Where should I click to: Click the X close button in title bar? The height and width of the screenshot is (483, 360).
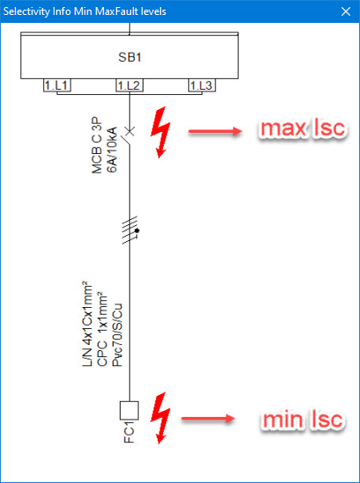[346, 11]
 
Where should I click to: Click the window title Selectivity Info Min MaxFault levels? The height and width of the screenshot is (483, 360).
[84, 11]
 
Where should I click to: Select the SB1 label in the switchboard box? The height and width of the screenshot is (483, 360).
[129, 57]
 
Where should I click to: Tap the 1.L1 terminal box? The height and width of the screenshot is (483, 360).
[57, 85]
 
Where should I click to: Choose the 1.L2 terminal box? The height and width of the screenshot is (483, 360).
[129, 85]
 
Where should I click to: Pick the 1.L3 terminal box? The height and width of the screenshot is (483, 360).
[202, 85]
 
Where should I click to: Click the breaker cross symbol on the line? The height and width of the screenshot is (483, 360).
[129, 131]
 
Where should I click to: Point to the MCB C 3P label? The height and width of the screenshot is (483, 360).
[98, 145]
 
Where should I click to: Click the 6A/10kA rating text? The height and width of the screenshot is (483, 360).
[112, 150]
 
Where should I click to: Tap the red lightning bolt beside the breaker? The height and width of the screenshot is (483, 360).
[160, 133]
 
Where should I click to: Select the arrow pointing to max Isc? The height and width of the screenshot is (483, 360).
[215, 132]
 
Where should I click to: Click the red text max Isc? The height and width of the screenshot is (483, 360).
[303, 128]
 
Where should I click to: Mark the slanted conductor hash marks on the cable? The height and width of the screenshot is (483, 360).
[130, 231]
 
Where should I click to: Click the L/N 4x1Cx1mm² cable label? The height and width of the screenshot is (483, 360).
[87, 324]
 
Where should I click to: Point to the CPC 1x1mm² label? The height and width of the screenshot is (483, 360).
[103, 329]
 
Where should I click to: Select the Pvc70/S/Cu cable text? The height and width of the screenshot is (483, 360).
[117, 335]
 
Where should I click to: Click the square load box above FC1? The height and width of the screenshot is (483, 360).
[129, 410]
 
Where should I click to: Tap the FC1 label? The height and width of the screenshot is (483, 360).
[129, 434]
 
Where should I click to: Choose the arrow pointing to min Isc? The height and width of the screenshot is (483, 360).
[209, 419]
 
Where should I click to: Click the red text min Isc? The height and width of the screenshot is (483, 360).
[303, 420]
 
